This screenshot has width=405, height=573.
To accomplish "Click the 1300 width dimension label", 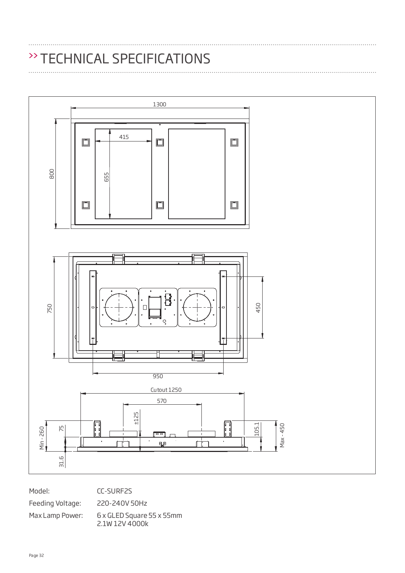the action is click(160, 104).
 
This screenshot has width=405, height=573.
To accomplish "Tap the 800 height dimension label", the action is click(52, 174).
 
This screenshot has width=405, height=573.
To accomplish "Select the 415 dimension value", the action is click(124, 137).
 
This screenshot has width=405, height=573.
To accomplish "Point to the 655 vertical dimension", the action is click(107, 177).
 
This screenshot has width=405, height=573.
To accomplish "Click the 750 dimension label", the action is click(50, 308).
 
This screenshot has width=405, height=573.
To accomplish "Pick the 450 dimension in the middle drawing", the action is click(258, 308).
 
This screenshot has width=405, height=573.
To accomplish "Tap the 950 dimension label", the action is click(158, 376).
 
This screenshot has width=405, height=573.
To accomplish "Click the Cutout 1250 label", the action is click(166, 390).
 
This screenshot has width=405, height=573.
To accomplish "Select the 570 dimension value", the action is click(162, 401).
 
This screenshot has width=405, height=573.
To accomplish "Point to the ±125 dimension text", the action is click(136, 418).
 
